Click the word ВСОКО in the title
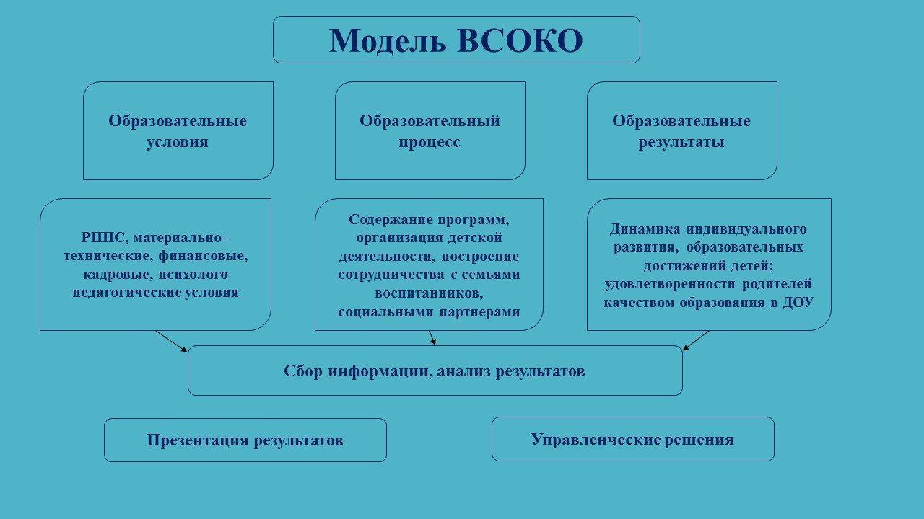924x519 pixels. (520, 41)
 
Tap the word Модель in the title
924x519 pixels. (388, 41)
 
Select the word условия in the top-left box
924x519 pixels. (178, 143)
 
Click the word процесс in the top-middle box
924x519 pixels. (429, 143)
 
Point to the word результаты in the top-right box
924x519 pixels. (681, 143)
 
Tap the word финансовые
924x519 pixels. (203, 256)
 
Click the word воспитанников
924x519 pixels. (429, 293)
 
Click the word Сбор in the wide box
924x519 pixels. (302, 371)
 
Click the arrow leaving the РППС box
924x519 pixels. (171, 341)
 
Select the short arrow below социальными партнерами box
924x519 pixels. (432, 337)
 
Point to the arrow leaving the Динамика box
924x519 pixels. (696, 340)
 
